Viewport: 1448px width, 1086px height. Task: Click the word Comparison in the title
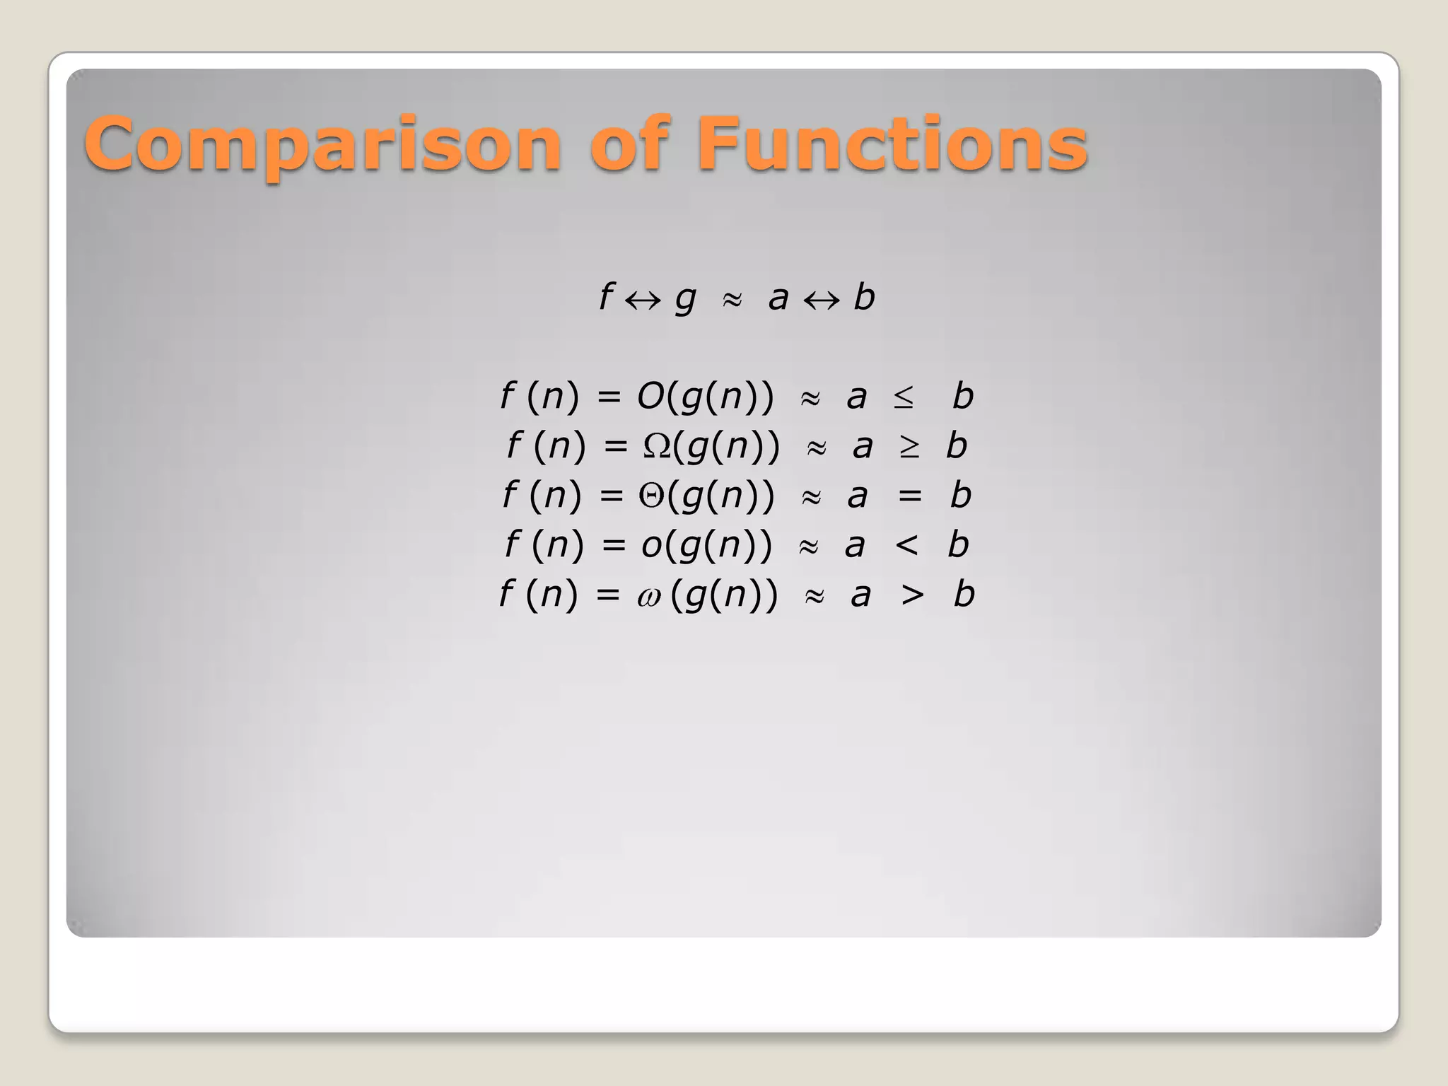point(322,145)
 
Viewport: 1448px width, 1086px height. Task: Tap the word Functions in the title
point(892,145)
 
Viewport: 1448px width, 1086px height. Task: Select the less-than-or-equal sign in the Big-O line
point(904,397)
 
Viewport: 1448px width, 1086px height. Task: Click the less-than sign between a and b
point(907,545)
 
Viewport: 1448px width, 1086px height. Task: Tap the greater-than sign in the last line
point(912,595)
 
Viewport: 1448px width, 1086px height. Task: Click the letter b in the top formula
point(864,297)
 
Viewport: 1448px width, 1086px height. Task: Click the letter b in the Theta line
point(960,495)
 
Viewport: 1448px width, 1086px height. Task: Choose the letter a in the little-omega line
point(860,595)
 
